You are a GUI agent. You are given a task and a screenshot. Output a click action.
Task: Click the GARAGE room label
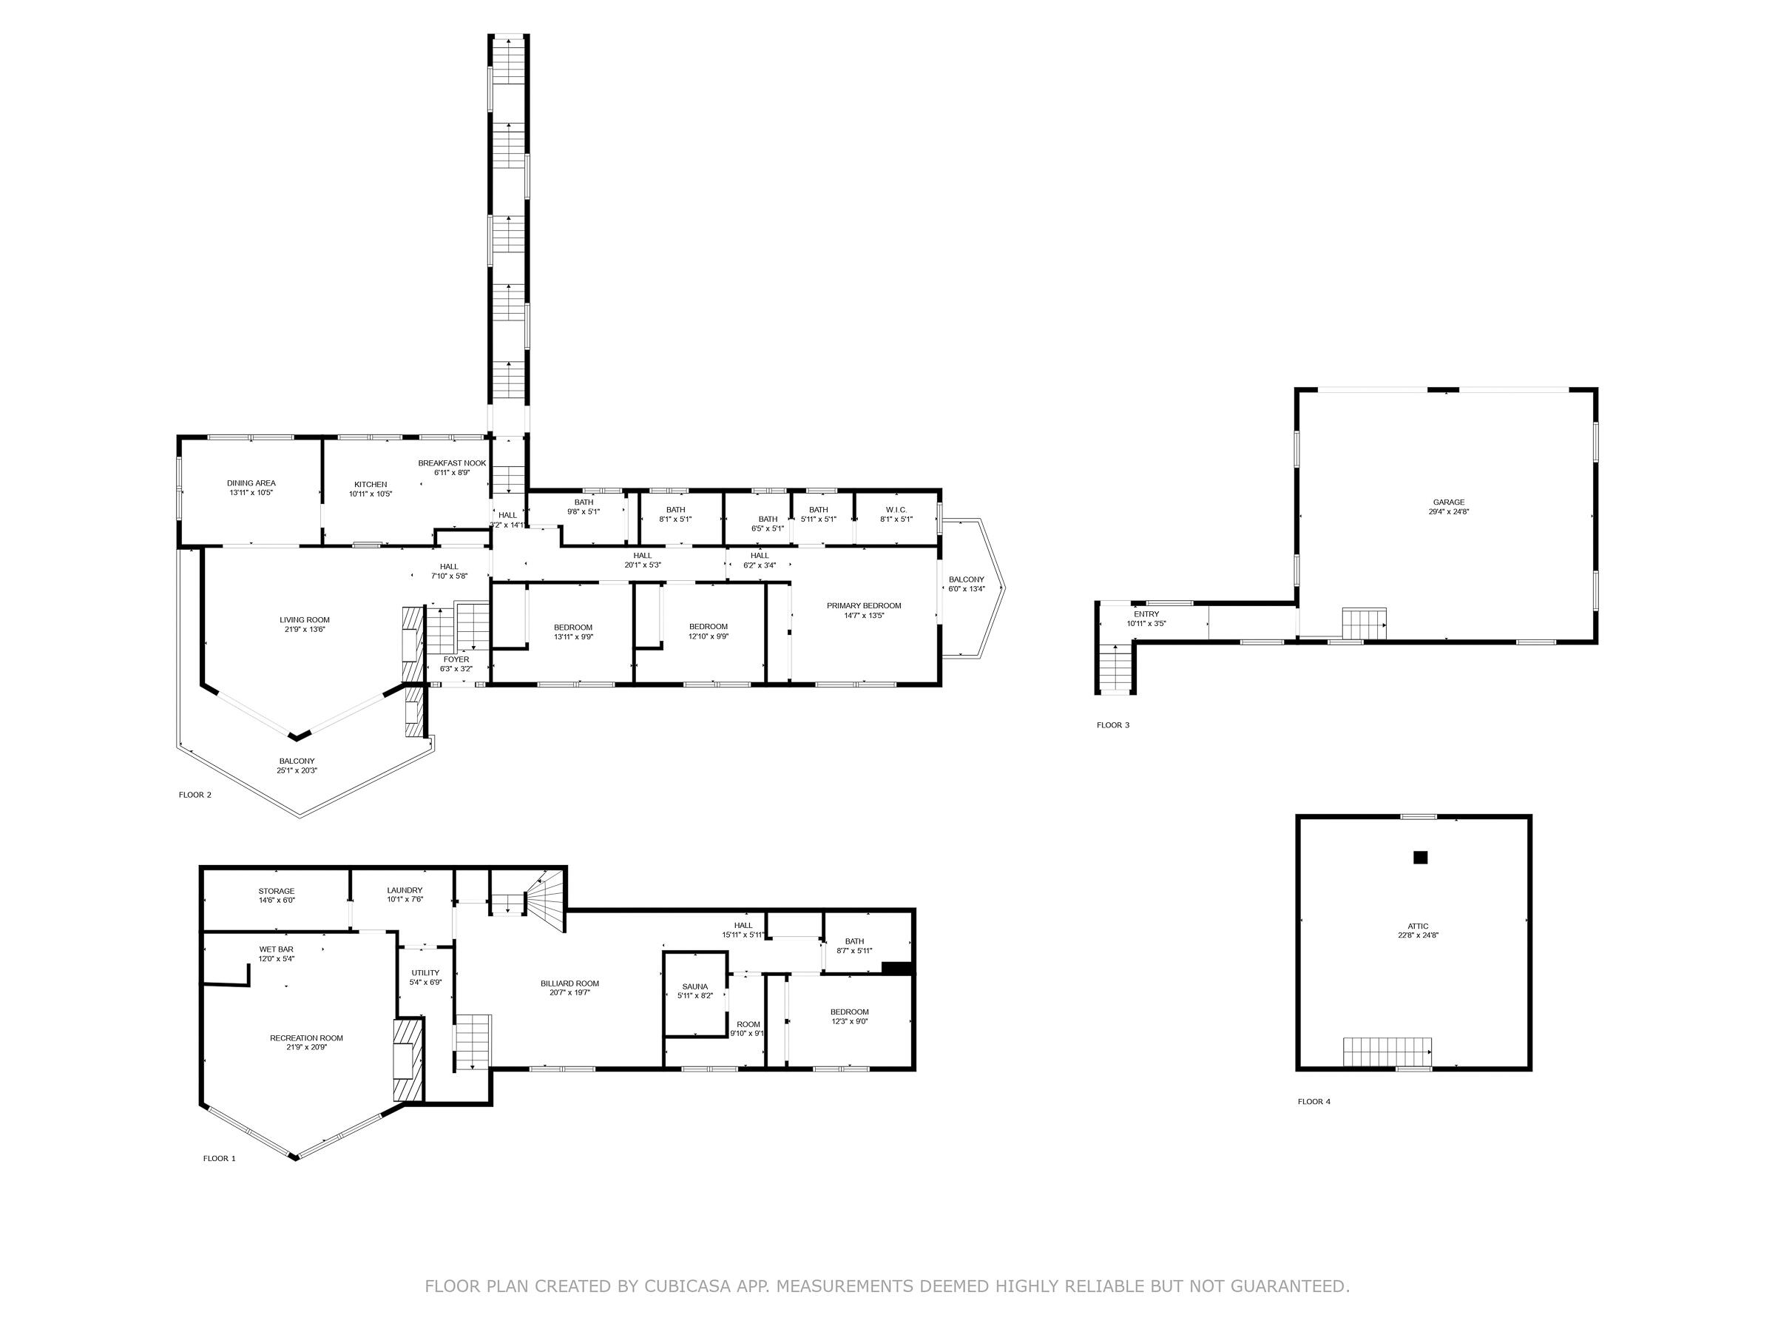tap(1448, 502)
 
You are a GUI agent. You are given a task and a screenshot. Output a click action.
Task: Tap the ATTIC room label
tap(1418, 926)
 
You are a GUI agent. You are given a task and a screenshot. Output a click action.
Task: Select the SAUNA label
tap(695, 986)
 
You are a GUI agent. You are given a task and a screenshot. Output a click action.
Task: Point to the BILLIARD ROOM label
tap(569, 983)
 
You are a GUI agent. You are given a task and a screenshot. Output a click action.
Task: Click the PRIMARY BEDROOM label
tap(865, 605)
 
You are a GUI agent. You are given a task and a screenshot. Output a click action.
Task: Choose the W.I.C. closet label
tap(896, 509)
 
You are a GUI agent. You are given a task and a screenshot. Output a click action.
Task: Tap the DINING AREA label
tap(251, 482)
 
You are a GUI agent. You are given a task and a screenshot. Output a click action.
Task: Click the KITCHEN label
tap(371, 484)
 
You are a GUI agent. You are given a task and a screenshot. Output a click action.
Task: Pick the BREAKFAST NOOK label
tap(452, 462)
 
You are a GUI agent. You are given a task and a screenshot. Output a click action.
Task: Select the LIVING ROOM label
tap(305, 619)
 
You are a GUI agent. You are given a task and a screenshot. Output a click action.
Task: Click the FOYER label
tap(456, 659)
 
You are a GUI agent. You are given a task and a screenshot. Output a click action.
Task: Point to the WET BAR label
tap(276, 949)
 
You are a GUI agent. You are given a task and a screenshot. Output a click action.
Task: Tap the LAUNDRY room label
tap(405, 889)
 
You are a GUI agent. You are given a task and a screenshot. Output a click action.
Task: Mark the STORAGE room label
tap(276, 890)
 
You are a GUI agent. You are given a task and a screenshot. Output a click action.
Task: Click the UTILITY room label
tap(425, 972)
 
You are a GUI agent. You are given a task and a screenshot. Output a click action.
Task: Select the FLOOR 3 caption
tap(1113, 725)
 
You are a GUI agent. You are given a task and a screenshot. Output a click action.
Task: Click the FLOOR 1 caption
tap(219, 1159)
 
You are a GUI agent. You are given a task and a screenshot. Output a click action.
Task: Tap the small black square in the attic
tap(1420, 858)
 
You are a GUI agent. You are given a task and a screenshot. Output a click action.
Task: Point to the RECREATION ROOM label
tap(306, 1037)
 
